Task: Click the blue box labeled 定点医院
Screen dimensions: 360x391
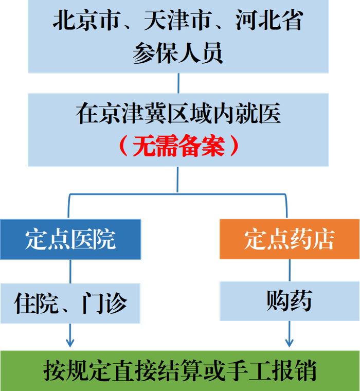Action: pos(70,239)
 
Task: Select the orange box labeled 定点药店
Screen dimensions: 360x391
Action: pos(290,239)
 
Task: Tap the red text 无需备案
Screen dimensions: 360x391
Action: pos(178,146)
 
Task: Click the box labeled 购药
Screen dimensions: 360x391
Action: pos(290,301)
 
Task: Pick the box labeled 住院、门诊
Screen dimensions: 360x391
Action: pos(70,303)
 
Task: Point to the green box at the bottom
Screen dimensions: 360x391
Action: pos(180,371)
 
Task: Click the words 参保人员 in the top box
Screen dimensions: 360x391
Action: pos(178,53)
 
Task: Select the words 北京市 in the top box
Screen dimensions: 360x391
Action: pos(86,20)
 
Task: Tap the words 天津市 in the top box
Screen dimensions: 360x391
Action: pos(178,20)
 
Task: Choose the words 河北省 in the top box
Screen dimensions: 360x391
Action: pos(269,20)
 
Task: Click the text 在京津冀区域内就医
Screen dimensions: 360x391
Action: pos(178,113)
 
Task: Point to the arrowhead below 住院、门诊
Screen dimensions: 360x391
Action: pos(70,343)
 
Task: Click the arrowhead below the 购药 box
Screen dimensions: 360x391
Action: pos(289,343)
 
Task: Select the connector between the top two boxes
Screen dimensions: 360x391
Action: pos(178,83)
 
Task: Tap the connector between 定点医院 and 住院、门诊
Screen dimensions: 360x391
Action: pos(70,271)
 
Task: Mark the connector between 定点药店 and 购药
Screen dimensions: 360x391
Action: pos(290,270)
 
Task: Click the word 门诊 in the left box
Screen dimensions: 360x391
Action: pos(104,303)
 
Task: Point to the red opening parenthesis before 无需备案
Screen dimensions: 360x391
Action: pos(124,146)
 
